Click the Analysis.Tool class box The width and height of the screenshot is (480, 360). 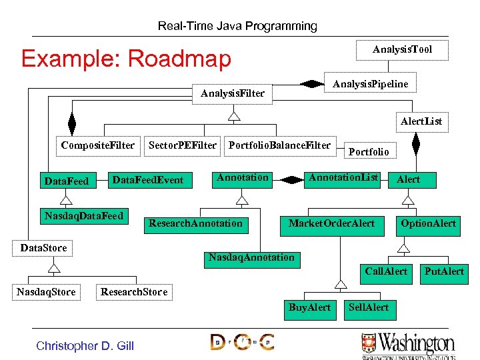click(402, 50)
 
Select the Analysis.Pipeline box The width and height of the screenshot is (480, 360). click(370, 83)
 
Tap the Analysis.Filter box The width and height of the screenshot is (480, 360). click(233, 93)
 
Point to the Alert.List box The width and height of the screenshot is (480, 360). click(421, 121)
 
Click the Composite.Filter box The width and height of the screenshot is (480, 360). click(97, 145)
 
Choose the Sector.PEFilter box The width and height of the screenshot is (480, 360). click(182, 145)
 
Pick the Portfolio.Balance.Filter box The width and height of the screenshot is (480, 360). click(279, 145)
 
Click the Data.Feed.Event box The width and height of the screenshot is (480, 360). click(147, 180)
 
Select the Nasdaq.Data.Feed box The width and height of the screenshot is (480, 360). click(83, 216)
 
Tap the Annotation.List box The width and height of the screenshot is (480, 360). click(343, 178)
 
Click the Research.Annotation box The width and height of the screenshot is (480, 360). click(195, 223)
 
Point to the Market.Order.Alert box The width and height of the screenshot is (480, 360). click(331, 223)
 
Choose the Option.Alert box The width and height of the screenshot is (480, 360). click(428, 223)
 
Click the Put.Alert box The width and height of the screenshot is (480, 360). click(445, 271)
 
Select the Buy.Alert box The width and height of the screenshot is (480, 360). click(309, 307)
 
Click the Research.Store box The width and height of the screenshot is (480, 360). click(134, 292)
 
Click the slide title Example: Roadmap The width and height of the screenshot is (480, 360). click(126, 59)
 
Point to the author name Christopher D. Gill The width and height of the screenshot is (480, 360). click(85, 345)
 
